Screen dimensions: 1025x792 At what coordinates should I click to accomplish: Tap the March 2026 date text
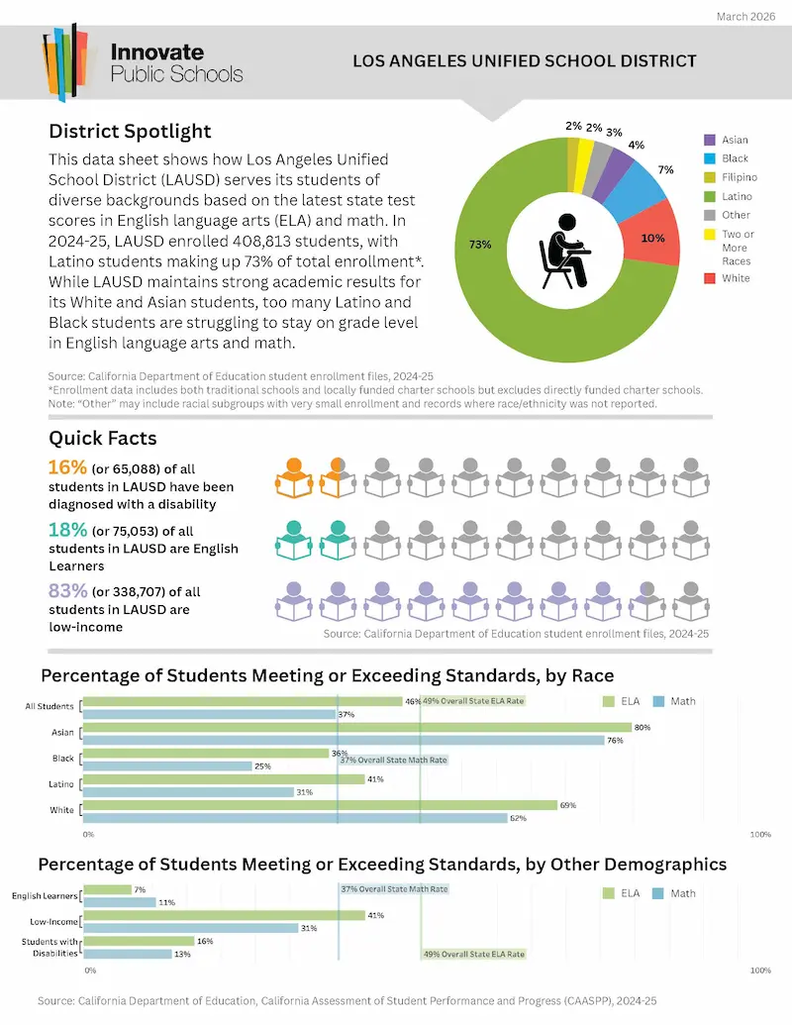[x=746, y=17]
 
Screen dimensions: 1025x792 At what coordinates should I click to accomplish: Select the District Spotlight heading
[x=130, y=132]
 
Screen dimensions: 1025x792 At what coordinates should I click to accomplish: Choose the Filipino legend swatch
[x=709, y=177]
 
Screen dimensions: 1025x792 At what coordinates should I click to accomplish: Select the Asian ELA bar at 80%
[x=357, y=728]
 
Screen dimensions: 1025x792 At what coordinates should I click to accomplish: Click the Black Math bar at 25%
[x=167, y=766]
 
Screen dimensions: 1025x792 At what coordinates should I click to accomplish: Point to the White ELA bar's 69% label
[x=568, y=805]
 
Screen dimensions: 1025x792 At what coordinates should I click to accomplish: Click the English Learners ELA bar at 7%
[x=107, y=889]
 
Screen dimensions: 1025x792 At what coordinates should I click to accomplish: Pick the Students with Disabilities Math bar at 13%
[x=127, y=954]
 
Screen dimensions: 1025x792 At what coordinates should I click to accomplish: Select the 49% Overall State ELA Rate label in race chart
[x=472, y=701]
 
